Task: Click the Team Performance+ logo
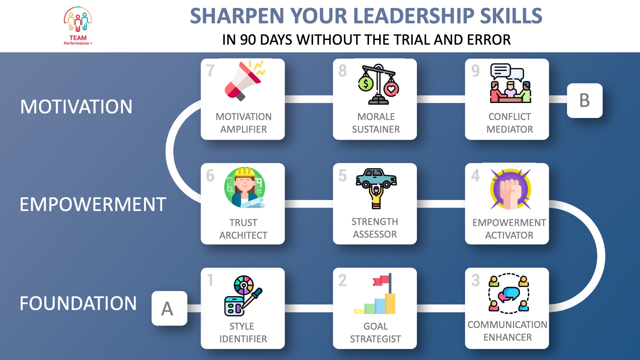78,26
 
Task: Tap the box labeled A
169,308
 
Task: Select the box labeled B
585,100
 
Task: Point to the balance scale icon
378,84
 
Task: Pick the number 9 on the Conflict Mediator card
475,71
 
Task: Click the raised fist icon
510,189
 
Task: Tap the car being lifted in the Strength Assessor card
376,178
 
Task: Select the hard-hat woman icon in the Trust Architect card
245,187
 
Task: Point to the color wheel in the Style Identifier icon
244,285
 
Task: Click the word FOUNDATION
78,303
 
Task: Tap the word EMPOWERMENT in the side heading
93,204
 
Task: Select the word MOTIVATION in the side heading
76,107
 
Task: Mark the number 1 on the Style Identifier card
210,280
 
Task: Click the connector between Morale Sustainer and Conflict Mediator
441,99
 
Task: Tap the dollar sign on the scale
366,84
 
